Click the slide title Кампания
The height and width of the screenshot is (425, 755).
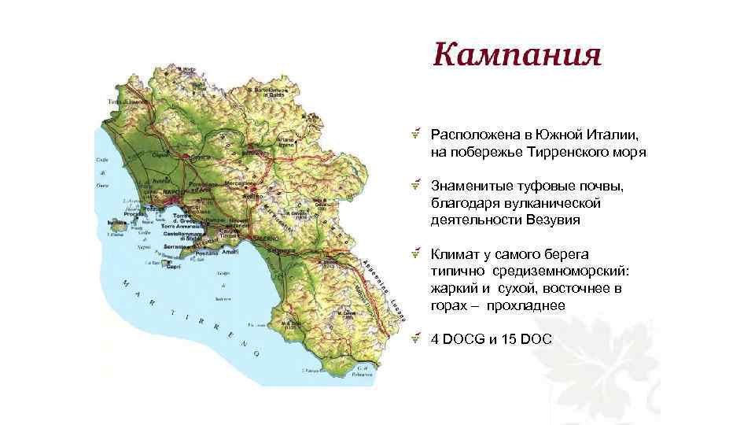click(x=517, y=56)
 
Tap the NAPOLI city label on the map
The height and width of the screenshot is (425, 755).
click(x=172, y=191)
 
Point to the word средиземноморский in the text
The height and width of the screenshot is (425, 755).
click(x=563, y=272)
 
